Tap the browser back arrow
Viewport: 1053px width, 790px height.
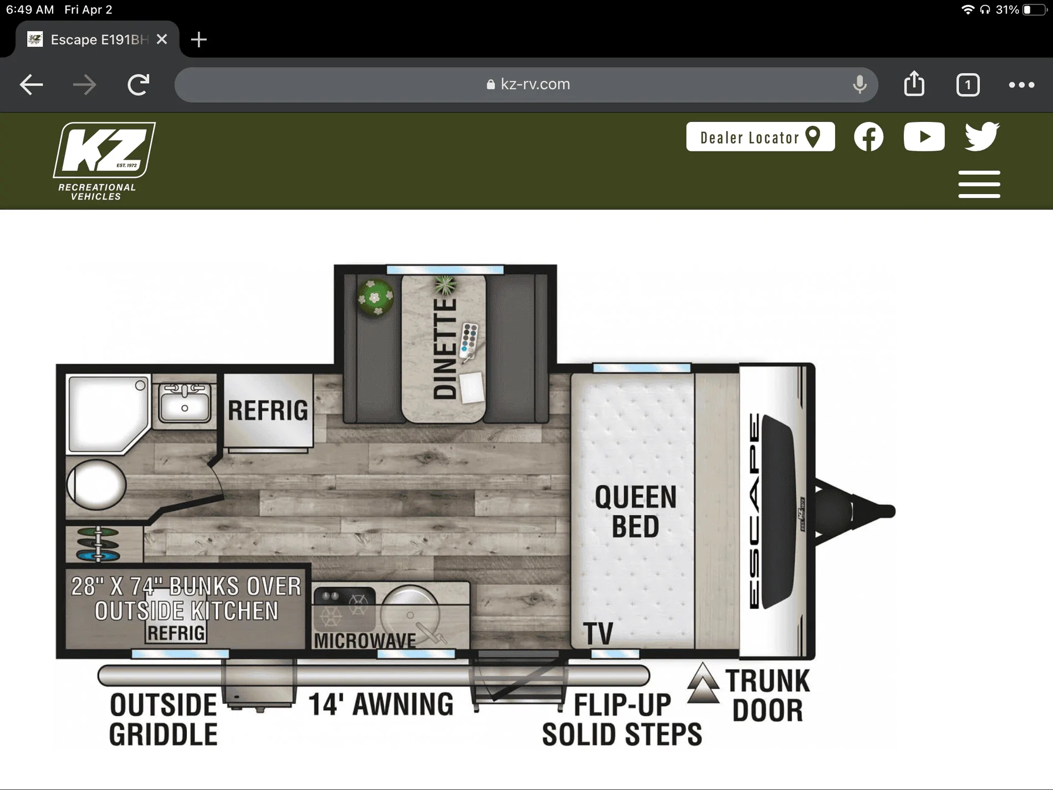pyautogui.click(x=31, y=85)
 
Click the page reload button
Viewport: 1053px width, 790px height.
pyautogui.click(x=138, y=84)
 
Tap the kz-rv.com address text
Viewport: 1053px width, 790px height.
pyautogui.click(x=535, y=84)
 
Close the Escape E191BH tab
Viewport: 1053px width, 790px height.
pyautogui.click(x=162, y=39)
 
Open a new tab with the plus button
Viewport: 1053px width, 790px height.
pyautogui.click(x=198, y=39)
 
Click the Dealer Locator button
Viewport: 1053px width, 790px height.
pyautogui.click(x=760, y=137)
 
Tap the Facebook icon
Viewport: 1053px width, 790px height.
pyautogui.click(x=868, y=137)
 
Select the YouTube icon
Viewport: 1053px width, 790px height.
pyautogui.click(x=924, y=137)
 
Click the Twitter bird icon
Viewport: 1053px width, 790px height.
pyautogui.click(x=982, y=136)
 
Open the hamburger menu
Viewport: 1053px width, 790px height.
pyautogui.click(x=979, y=184)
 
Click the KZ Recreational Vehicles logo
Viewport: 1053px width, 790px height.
pyautogui.click(x=104, y=161)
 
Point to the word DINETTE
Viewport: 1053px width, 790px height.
pyautogui.click(x=446, y=349)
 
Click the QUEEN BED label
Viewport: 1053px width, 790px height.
pyautogui.click(x=636, y=511)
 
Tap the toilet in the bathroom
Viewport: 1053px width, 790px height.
pyautogui.click(x=96, y=485)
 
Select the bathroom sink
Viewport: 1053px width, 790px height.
pyautogui.click(x=185, y=402)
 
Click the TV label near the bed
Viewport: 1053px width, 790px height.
pyautogui.click(x=598, y=633)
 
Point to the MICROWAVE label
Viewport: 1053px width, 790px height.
pyautogui.click(x=365, y=641)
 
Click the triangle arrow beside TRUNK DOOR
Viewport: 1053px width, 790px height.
pyautogui.click(x=703, y=682)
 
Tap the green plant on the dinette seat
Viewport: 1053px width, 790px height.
pyautogui.click(x=375, y=297)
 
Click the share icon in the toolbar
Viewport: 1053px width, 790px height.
pyautogui.click(x=914, y=84)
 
